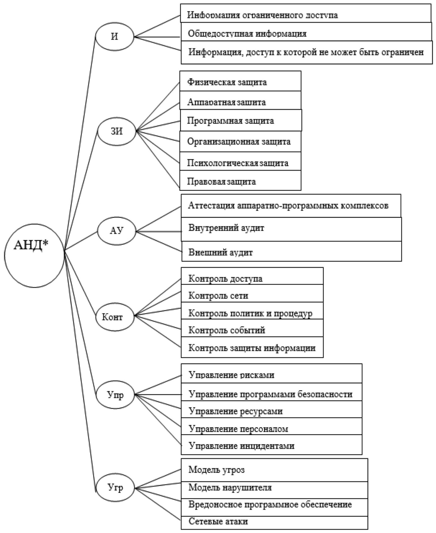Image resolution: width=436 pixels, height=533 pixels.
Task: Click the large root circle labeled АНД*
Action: (x=34, y=255)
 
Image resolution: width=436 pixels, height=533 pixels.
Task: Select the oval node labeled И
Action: (x=115, y=37)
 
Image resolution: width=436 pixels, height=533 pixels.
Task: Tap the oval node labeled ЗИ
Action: (x=117, y=131)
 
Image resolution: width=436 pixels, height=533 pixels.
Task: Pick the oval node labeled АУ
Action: (x=117, y=231)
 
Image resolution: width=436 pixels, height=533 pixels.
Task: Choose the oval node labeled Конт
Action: (x=115, y=317)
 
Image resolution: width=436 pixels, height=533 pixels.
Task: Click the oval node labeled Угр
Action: (x=116, y=488)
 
